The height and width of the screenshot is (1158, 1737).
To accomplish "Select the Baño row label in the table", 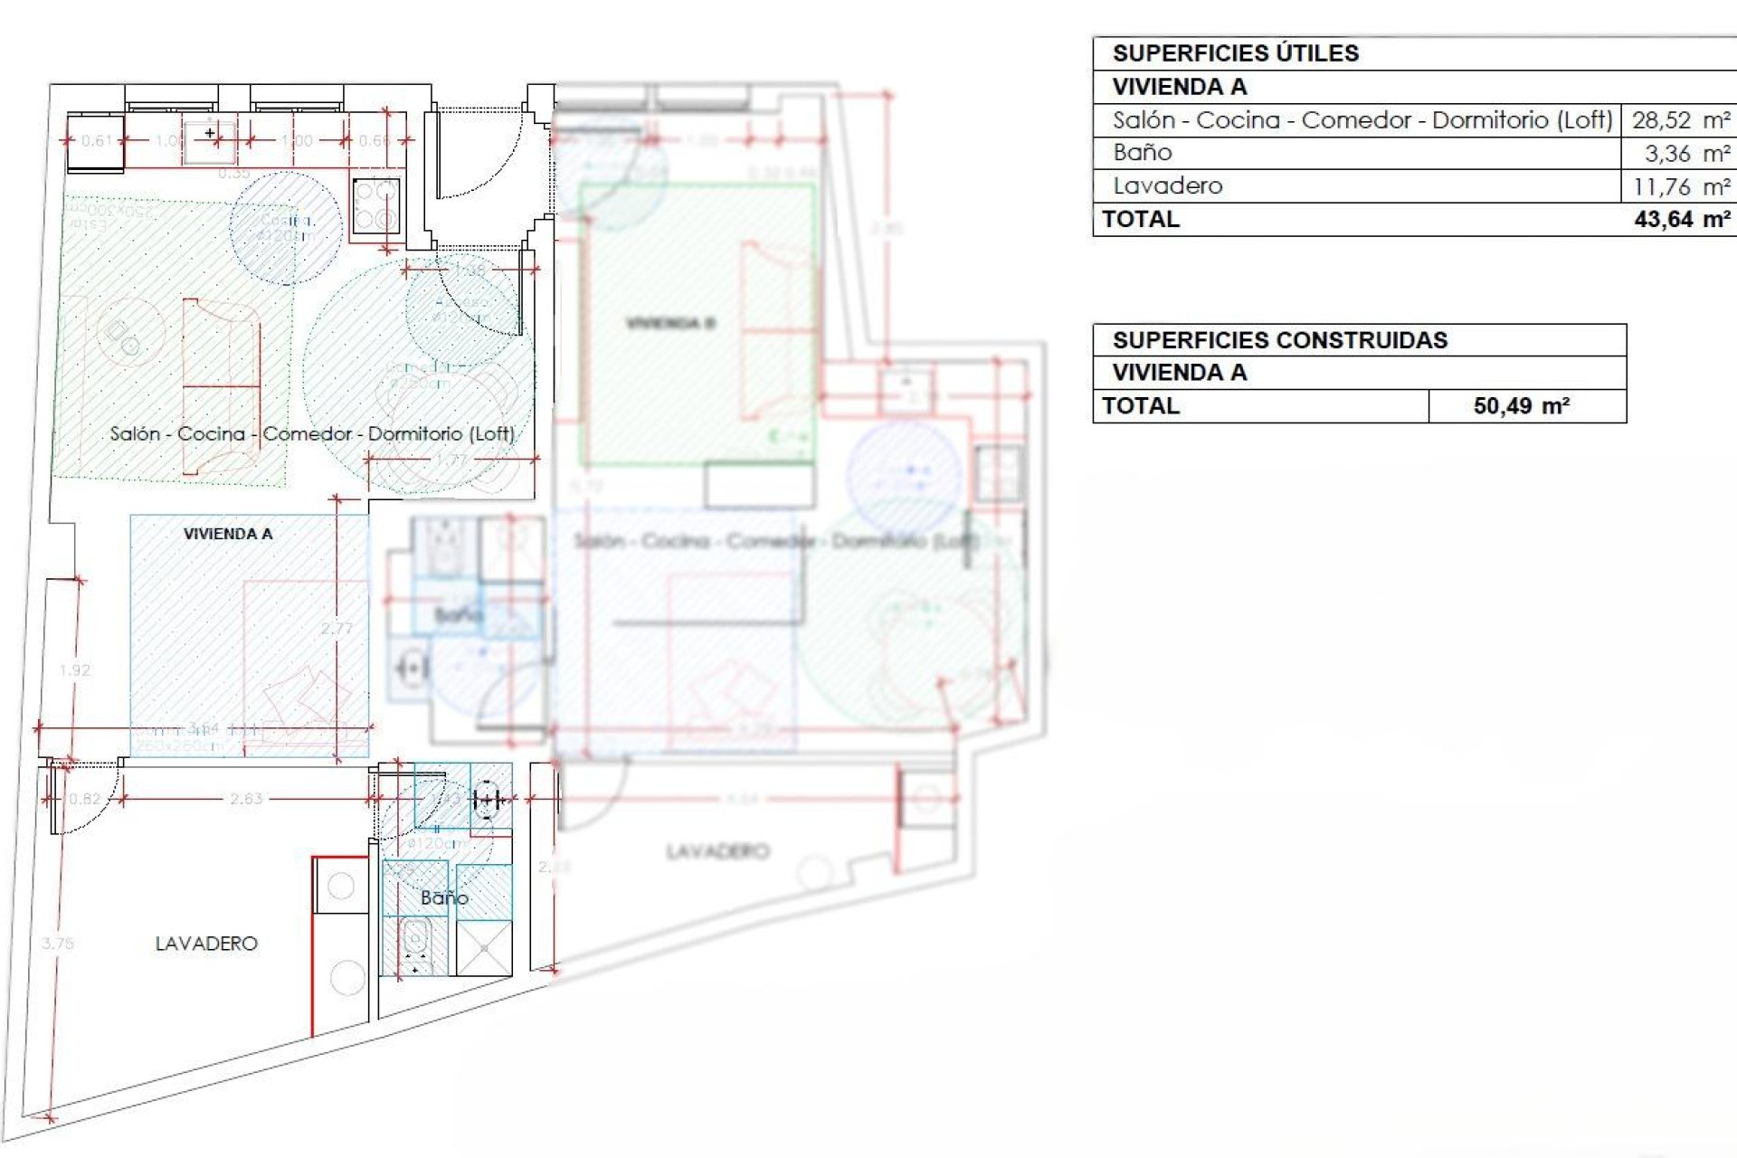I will coord(1143,153).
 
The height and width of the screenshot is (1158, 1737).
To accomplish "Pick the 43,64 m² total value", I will coord(1682,220).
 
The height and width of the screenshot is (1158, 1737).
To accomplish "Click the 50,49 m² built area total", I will coord(1521,406).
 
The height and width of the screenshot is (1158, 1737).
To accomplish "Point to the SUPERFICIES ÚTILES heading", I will coord(1235,53).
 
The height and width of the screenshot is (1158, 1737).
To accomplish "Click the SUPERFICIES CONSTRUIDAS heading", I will coord(1279,340).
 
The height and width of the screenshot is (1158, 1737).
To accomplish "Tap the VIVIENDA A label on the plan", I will coord(228,534).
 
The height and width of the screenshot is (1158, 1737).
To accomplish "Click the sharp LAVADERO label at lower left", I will coord(206,944).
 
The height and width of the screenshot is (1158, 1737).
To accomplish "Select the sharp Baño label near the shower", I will coord(444,898).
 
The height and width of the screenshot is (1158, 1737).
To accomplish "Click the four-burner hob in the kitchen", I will coord(376,205).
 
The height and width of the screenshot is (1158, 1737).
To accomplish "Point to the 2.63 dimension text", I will coord(246,799).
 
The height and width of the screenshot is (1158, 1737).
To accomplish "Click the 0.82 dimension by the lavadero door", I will coord(85,799).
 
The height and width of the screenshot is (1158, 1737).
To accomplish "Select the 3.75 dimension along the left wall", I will coord(57,944).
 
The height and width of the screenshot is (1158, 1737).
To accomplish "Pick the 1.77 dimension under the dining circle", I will coord(451,460).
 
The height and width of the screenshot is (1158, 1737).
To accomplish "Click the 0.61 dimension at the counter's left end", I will coord(97,141).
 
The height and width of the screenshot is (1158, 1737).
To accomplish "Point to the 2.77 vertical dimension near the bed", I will coord(337,629).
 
